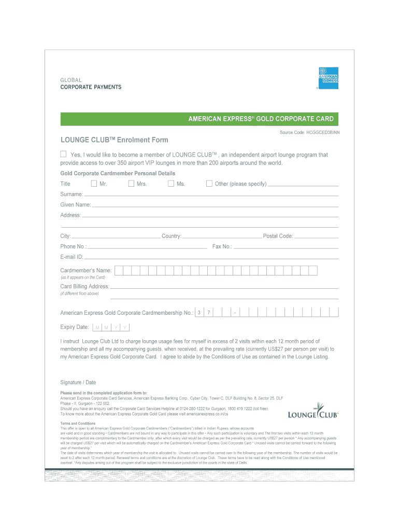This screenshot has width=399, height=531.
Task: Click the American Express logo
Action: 328,78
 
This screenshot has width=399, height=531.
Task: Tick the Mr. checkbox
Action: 94,184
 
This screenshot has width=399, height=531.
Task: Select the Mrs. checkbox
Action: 132,184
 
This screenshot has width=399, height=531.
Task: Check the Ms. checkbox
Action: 171,184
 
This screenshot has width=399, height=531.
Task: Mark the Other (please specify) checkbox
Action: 209,184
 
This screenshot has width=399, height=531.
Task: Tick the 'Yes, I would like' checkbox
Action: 63,154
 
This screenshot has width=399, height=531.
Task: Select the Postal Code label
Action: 278,236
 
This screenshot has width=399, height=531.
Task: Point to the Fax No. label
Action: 222,247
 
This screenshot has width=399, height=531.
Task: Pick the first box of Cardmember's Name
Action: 119,270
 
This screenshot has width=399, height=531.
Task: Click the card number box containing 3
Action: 199,313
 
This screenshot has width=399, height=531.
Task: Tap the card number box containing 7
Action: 208,313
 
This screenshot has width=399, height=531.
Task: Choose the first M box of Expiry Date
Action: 97,328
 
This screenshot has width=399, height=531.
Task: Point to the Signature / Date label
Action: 78,383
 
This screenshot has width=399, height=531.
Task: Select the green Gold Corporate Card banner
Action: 199,119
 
